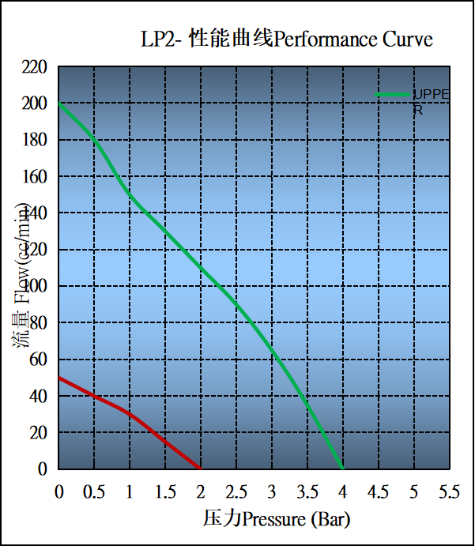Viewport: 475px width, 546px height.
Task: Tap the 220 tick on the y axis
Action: click(x=35, y=67)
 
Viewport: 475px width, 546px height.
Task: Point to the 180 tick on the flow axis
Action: click(x=35, y=140)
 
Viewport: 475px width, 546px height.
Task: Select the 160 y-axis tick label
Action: click(x=35, y=176)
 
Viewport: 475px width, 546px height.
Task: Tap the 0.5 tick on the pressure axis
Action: click(x=94, y=491)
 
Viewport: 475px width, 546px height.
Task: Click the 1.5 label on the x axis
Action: click(x=165, y=491)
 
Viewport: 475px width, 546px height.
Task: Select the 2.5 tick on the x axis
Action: click(x=236, y=491)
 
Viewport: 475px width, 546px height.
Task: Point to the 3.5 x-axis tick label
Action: click(x=307, y=491)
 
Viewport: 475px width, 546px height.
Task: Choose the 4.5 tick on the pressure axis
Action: click(x=378, y=491)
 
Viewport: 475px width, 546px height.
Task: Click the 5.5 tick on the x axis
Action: click(x=448, y=491)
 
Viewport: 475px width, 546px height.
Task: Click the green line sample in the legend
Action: click(x=393, y=95)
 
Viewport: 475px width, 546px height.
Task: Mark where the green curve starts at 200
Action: click(x=60, y=104)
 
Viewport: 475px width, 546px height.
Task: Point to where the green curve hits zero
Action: click(x=342, y=469)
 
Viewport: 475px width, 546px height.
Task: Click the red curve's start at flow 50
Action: click(x=60, y=378)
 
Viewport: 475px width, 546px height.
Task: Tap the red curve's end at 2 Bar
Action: click(x=201, y=469)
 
